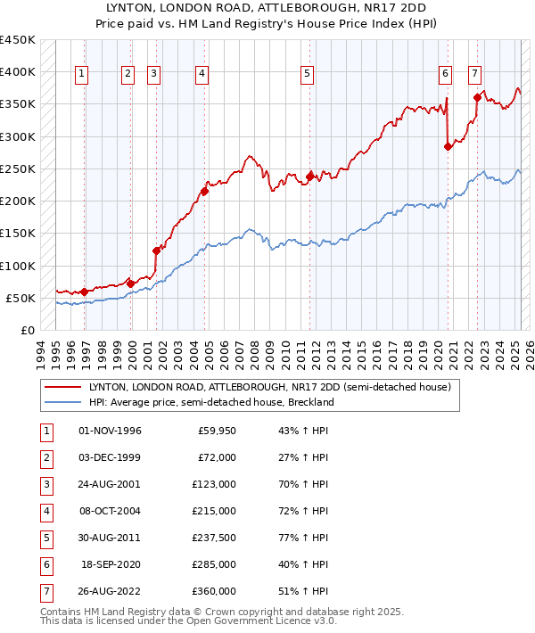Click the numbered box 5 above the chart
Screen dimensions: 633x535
pyautogui.click(x=307, y=75)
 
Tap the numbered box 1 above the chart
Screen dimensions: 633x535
pyautogui.click(x=81, y=75)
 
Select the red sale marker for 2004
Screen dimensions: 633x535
pyautogui.click(x=204, y=191)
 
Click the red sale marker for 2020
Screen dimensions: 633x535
pyautogui.click(x=448, y=147)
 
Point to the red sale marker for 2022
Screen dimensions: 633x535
pyautogui.click(x=477, y=98)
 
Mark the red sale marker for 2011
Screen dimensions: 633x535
pyautogui.click(x=310, y=177)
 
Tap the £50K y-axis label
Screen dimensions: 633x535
pyautogui.click(x=21, y=298)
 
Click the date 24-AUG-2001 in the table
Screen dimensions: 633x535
pyautogui.click(x=110, y=483)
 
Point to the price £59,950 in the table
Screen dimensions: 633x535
pyautogui.click(x=217, y=431)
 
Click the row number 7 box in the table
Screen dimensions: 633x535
pyautogui.click(x=45, y=590)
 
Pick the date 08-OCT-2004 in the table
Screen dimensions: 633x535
pyautogui.click(x=110, y=510)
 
